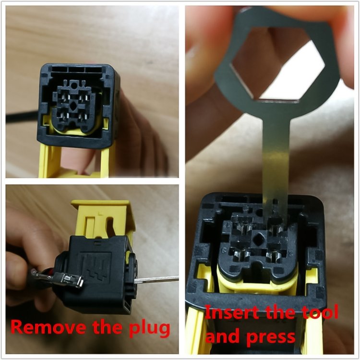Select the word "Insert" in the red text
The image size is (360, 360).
pos(231,312)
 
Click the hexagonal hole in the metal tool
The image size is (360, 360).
pos(277,64)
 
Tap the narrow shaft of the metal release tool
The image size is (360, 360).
pos(276,161)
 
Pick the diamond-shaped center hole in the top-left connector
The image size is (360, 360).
pos(74,106)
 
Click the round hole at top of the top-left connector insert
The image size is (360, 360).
pos(74,86)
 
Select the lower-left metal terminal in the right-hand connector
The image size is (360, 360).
pos(241,255)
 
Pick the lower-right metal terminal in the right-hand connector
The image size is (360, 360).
pos(274,255)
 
